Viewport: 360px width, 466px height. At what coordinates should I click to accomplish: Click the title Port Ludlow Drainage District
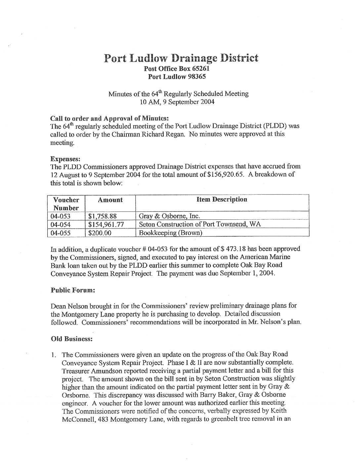181,58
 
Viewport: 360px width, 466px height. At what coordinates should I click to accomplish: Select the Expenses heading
63,159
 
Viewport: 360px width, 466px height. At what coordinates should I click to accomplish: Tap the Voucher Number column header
66,204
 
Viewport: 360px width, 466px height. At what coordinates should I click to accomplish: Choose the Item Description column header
222,200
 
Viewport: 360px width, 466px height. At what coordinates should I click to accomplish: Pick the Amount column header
111,200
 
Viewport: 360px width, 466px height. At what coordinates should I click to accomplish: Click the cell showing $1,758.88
103,216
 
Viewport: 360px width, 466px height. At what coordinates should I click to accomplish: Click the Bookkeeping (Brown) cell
170,233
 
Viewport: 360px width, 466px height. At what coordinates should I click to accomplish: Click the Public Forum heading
73,290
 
